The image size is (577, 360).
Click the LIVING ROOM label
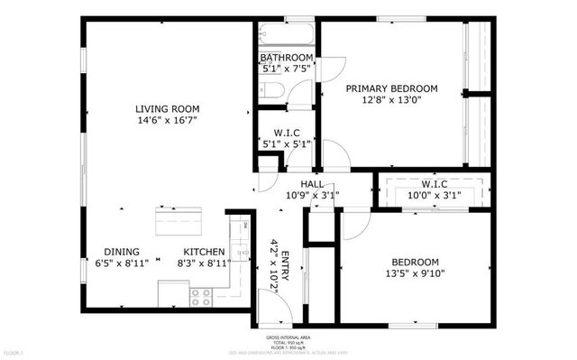coord(168,107)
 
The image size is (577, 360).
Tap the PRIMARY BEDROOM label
coord(392,88)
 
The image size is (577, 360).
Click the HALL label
coord(312,184)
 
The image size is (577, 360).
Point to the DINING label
coord(122,252)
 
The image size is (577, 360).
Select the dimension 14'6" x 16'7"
coord(168,120)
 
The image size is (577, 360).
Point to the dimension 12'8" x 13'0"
coord(392,101)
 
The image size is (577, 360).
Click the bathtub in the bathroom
coord(286,37)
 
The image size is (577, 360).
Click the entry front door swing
coord(282,307)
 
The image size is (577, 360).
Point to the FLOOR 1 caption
coord(13,351)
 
